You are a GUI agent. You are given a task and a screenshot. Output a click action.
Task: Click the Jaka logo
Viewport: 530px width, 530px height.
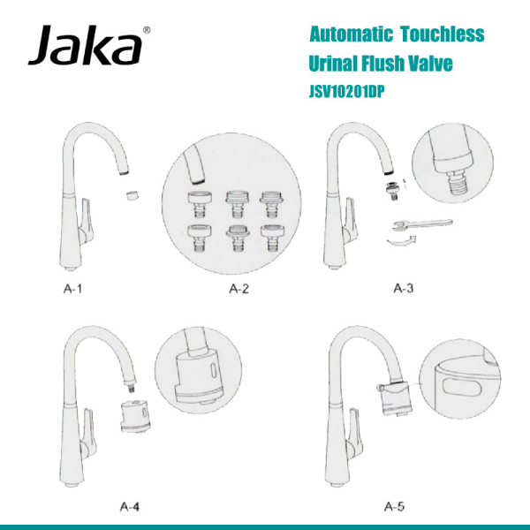click(85, 47)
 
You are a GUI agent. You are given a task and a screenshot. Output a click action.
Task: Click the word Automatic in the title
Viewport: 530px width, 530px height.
click(351, 34)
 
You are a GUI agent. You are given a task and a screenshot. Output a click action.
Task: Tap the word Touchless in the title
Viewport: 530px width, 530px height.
click(442, 34)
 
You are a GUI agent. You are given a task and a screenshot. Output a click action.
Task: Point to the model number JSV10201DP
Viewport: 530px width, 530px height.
click(348, 90)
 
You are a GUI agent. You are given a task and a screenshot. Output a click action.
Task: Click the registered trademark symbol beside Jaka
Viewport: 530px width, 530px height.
click(146, 30)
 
